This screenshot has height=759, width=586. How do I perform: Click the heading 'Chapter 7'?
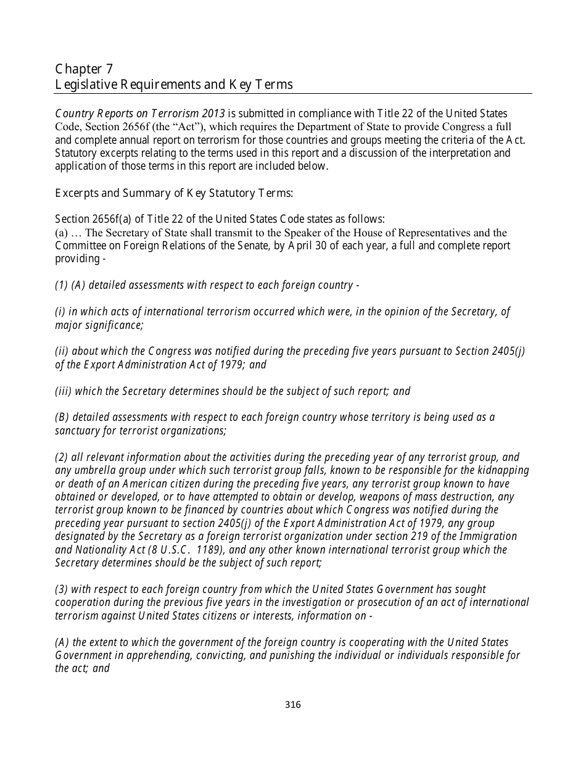84,68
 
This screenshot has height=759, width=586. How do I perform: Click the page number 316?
293,705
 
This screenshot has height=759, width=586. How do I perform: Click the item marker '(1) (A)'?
70,286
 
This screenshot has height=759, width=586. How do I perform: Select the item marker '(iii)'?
64,391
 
